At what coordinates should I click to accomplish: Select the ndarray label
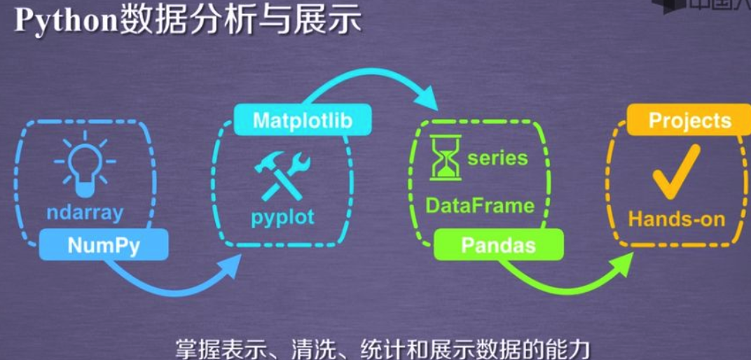pos(85,212)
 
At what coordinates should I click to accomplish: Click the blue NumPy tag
pos(103,245)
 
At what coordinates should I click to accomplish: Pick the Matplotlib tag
pos(301,120)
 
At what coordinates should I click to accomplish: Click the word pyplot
pos(282,216)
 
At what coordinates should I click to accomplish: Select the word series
pos(497,158)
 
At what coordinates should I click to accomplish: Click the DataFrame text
pos(480,205)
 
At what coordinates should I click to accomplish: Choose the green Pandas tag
pos(498,245)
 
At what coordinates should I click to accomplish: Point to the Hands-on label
pos(676,219)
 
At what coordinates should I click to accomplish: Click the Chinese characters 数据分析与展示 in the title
pos(238,21)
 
